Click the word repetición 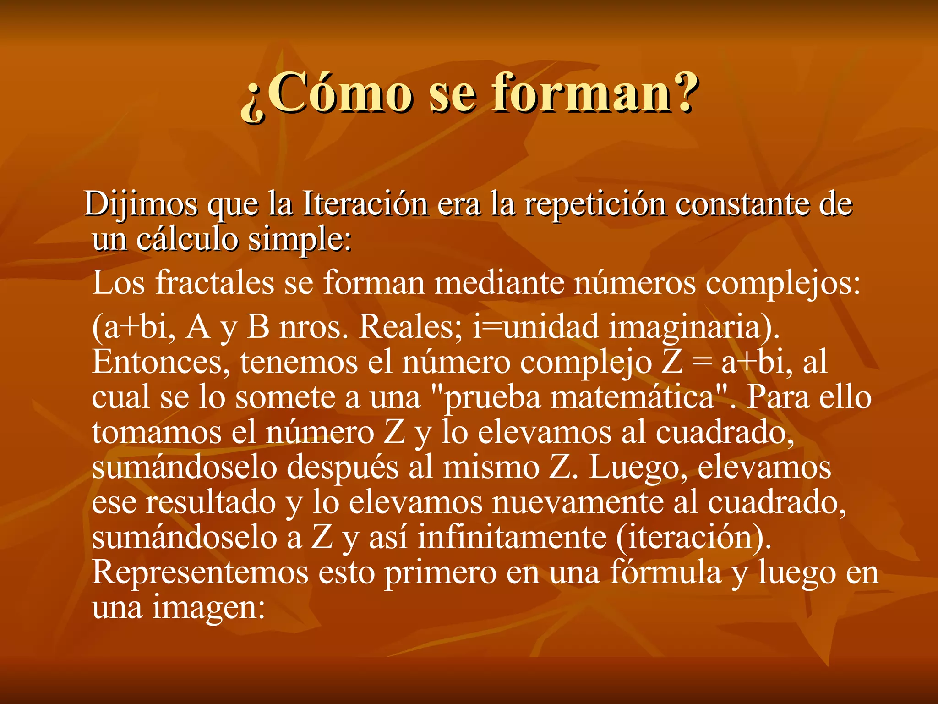[x=595, y=204]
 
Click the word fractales [x=215, y=282]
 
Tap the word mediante [x=499, y=282]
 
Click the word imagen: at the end [x=209, y=608]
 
